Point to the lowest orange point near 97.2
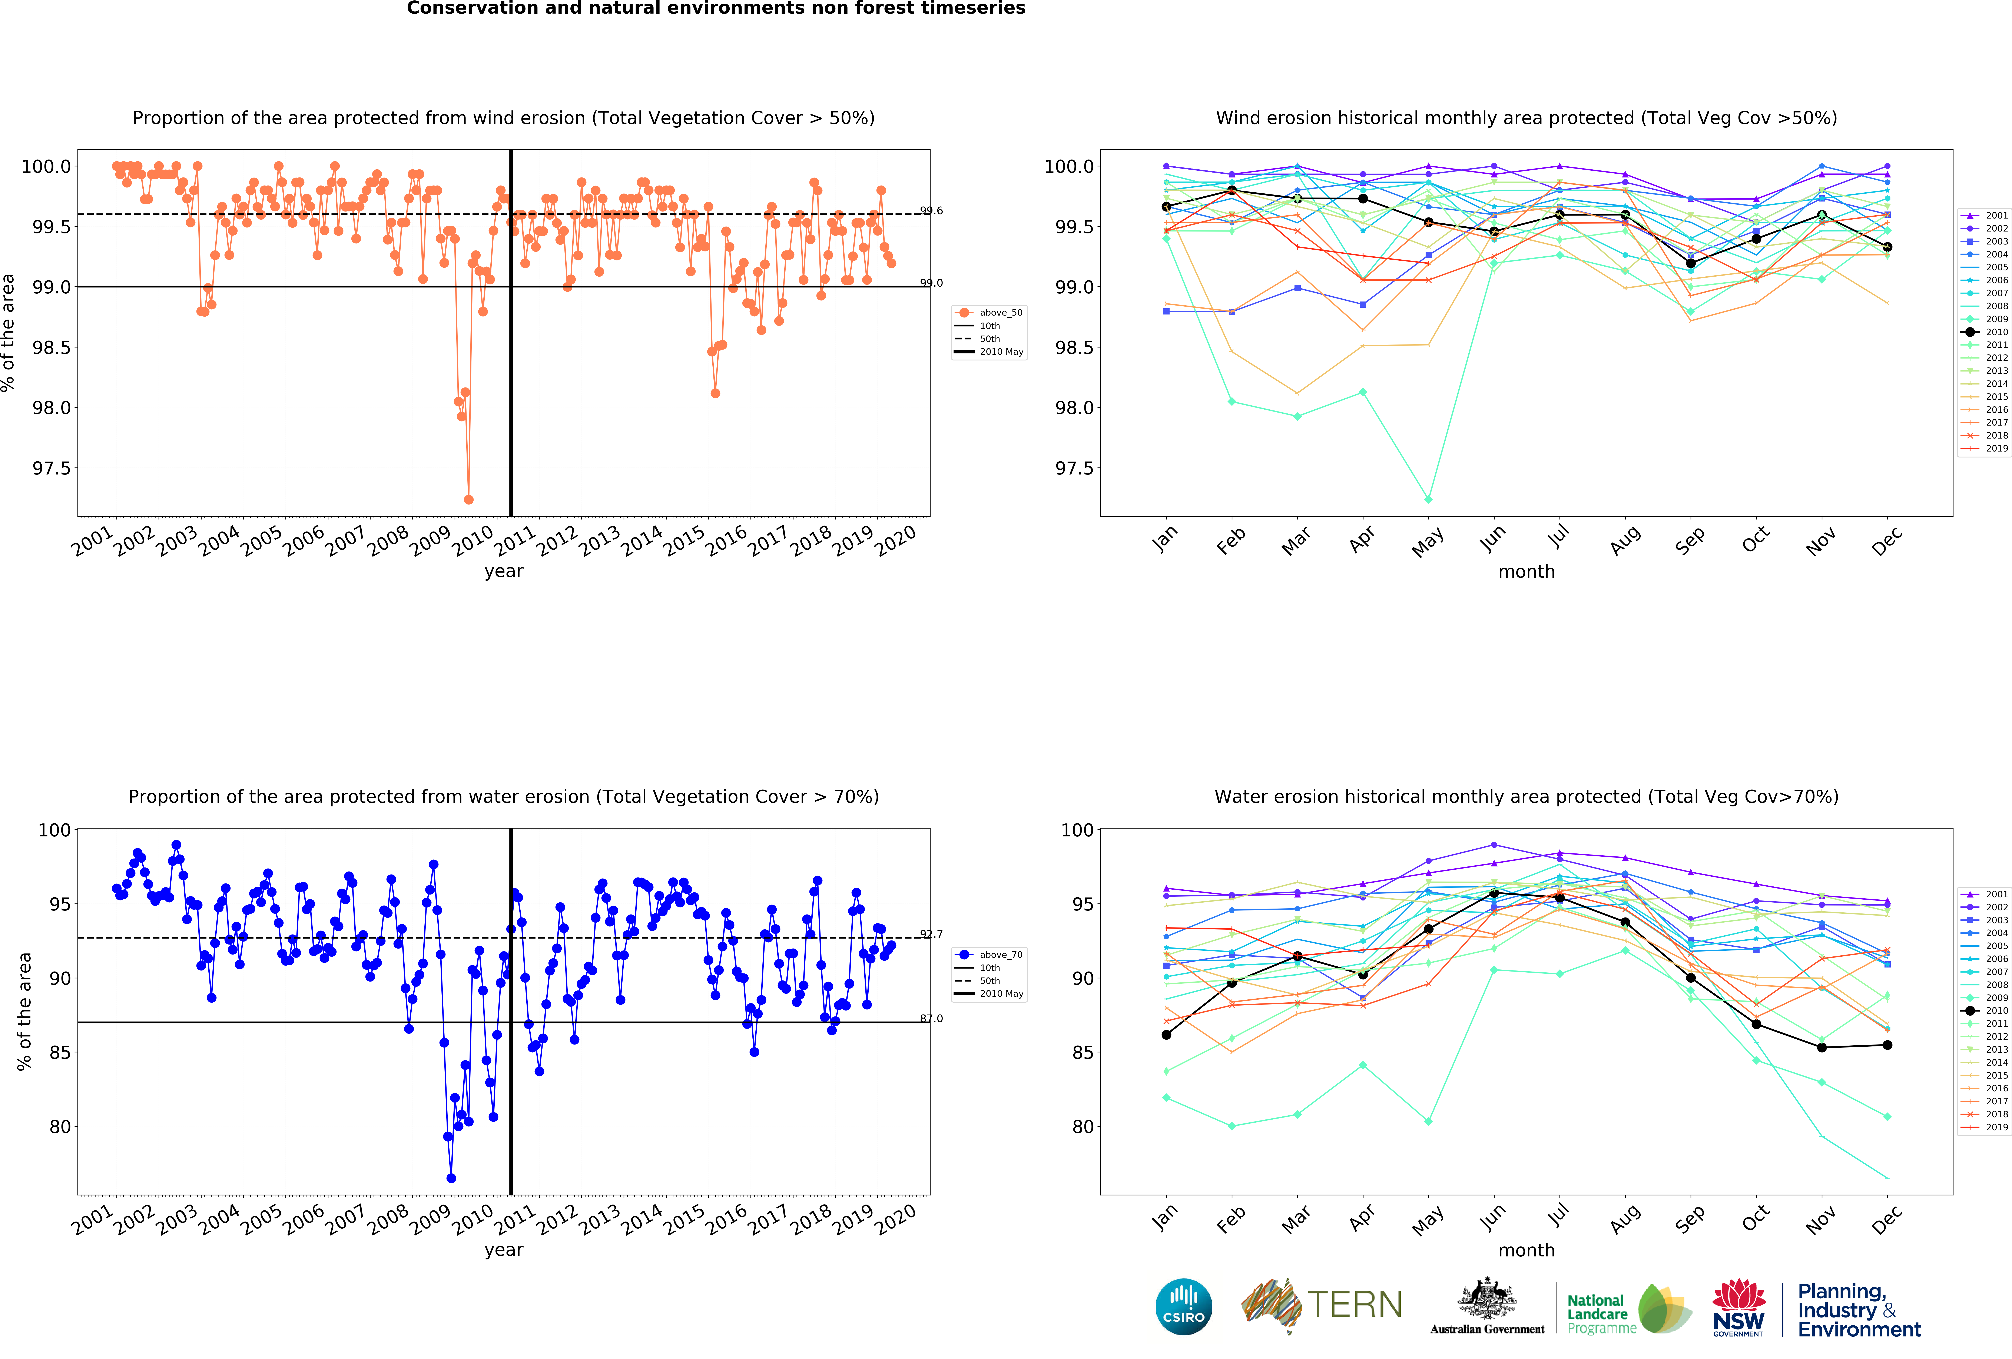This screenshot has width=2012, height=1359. (x=468, y=499)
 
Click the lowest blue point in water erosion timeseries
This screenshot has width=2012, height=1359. (x=451, y=1178)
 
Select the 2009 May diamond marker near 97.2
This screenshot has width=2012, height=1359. (x=1428, y=499)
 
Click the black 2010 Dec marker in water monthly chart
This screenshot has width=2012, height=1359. (x=1887, y=1045)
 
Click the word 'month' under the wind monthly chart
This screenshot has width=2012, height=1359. (x=1526, y=571)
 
